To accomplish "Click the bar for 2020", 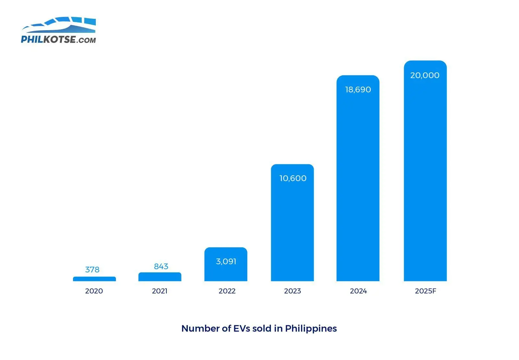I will click(94, 279).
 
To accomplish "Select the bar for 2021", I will click(160, 277).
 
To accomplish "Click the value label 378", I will click(92, 269).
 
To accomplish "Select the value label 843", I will click(161, 267).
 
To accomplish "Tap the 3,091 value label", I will click(226, 261).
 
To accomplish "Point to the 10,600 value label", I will click(293, 178).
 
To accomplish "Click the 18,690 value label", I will click(358, 90).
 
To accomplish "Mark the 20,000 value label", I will click(425, 75).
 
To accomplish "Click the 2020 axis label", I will click(94, 291).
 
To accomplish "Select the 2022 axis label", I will click(227, 291).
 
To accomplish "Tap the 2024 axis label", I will click(358, 291).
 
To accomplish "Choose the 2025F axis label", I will click(426, 291).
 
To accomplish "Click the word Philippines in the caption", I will click(311, 329).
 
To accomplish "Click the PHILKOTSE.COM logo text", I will click(58, 40).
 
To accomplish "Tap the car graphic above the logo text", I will click(62, 25).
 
